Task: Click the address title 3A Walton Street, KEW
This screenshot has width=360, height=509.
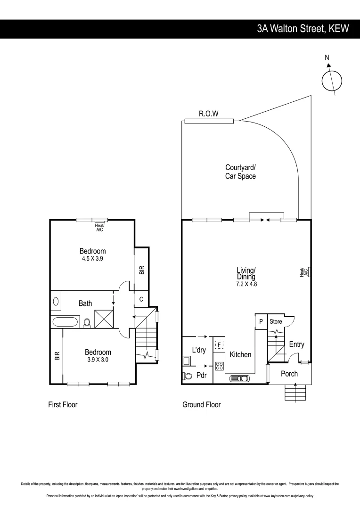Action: coord(303,28)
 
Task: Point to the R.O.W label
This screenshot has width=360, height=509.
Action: coord(208,114)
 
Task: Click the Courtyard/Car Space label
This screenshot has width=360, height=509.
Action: coord(240,172)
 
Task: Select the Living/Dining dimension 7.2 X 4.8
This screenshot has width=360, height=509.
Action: coord(246,284)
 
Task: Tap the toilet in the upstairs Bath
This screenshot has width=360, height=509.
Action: coord(87,323)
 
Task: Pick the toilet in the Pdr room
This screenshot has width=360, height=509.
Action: coord(188,376)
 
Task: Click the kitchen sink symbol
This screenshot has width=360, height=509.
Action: coord(240,378)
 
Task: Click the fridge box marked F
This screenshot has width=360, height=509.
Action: coord(219,345)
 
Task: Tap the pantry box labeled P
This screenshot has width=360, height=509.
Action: coord(261,321)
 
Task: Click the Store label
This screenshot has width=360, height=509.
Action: coord(276,321)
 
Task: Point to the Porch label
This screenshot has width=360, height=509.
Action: coord(289,374)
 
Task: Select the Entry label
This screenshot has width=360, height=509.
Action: coord(296,345)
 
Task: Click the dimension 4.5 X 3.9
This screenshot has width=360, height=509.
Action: coord(92,259)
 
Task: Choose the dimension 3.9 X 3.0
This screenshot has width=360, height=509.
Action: coord(98,360)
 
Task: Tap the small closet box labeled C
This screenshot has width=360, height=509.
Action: coord(141,298)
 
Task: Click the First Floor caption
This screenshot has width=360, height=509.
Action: coord(63,404)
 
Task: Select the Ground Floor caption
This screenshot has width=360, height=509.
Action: coord(201,404)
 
